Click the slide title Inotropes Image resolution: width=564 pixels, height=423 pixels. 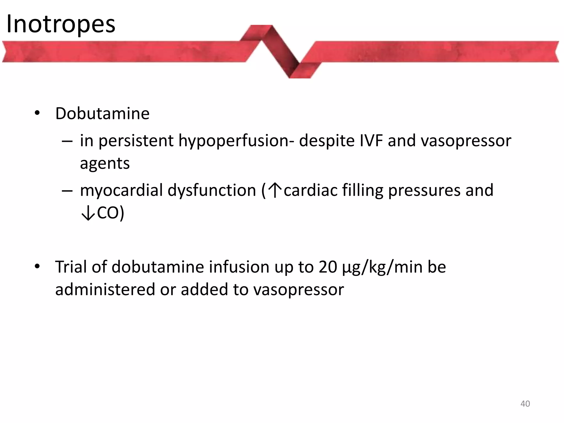pos(61,24)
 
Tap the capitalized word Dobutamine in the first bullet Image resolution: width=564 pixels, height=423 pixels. pos(102,113)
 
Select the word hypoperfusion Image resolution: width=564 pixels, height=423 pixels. pos(236,141)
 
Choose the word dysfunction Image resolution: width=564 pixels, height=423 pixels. pos(212,190)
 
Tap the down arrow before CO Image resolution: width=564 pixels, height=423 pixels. pos(88,213)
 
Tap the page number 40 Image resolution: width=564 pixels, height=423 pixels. pos(525,403)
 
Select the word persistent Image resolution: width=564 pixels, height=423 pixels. pos(136,141)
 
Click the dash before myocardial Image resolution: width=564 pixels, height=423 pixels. pos(67,191)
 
